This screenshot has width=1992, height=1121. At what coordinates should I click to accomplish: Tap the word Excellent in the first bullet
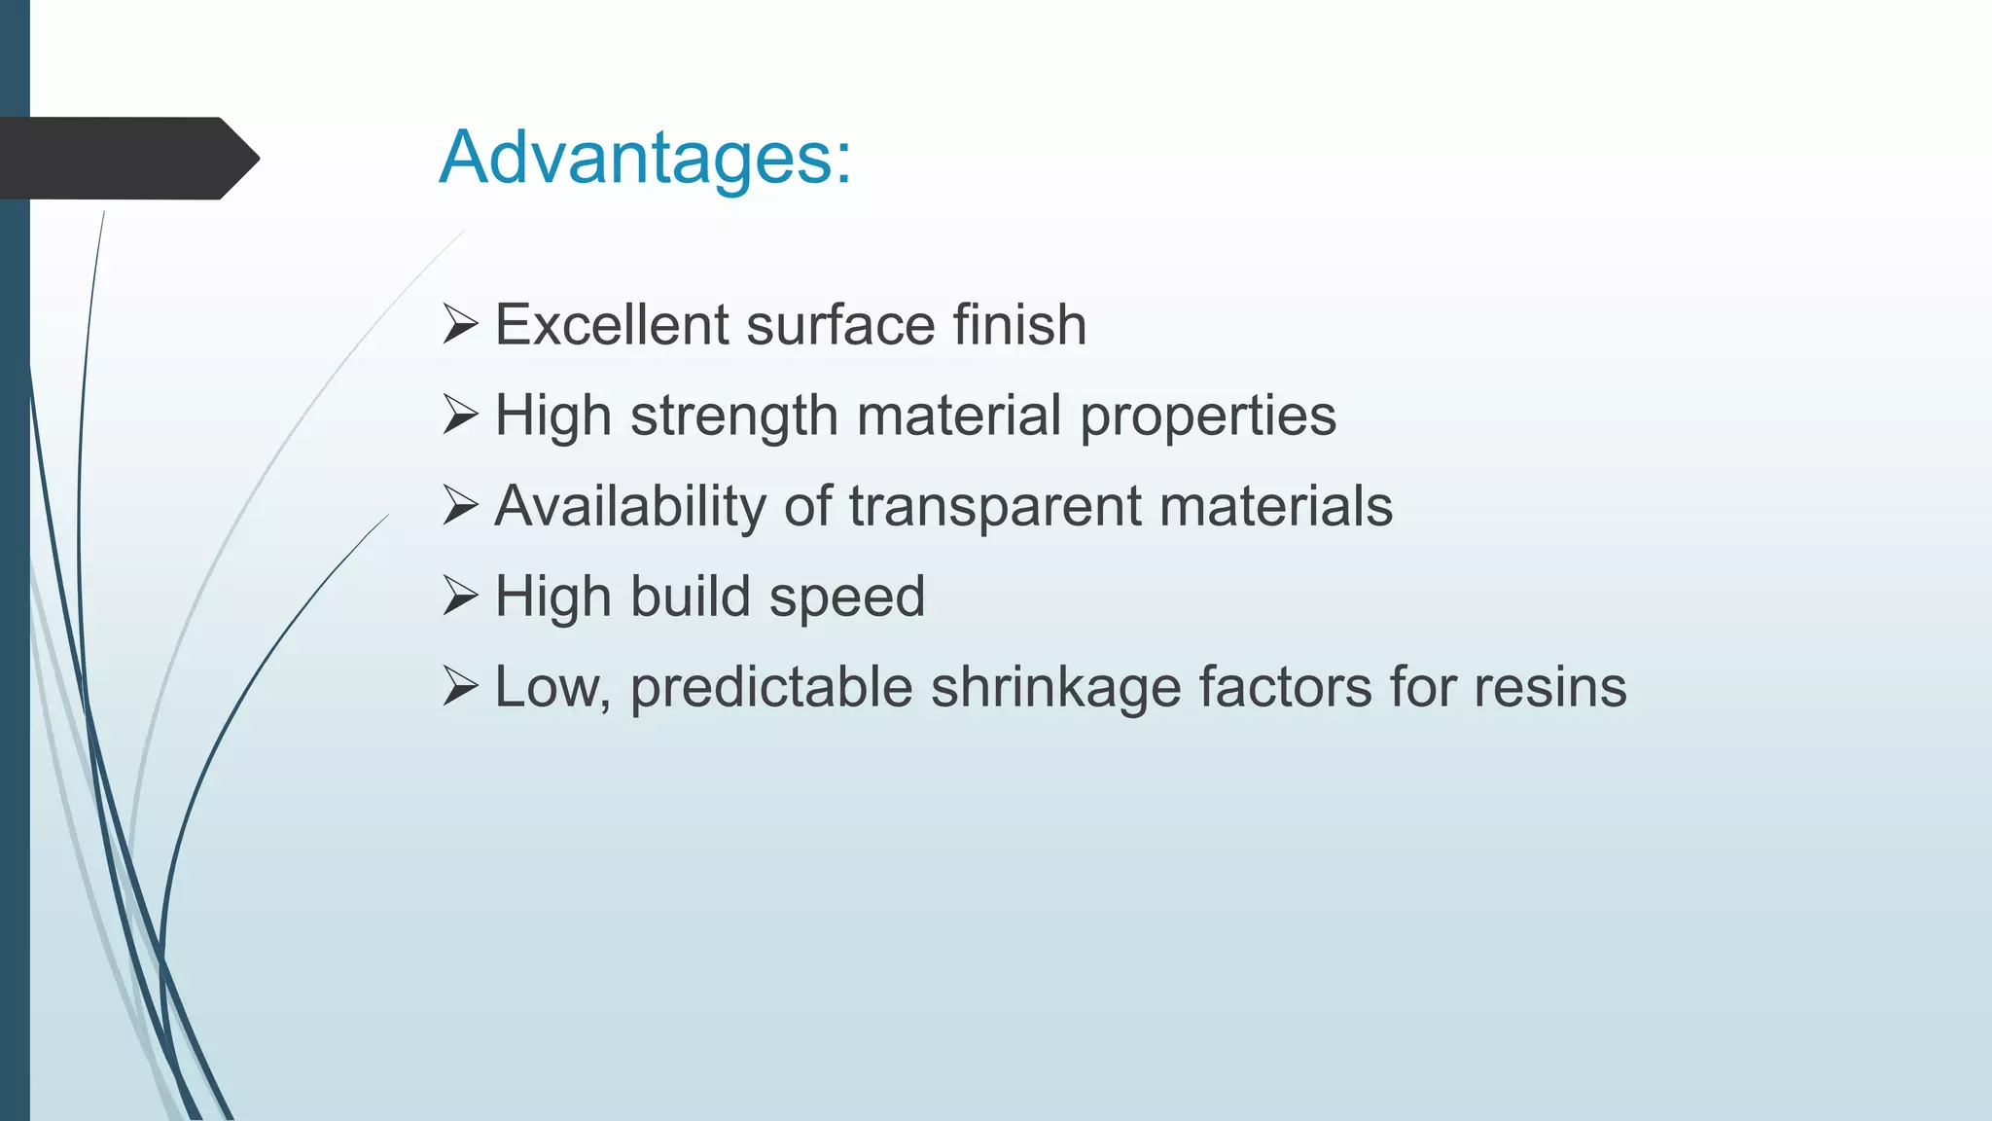tap(611, 324)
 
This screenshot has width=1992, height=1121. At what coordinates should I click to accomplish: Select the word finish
tap(1018, 324)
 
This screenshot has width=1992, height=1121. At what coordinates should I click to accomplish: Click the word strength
tap(733, 416)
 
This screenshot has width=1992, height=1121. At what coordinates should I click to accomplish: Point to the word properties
tap(1208, 416)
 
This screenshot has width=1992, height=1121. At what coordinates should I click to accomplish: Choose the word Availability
tap(630, 507)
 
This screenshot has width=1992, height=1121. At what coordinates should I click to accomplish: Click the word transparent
tap(995, 507)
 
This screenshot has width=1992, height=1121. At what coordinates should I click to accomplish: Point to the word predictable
tap(770, 688)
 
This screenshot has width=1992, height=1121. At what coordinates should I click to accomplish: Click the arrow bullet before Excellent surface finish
tap(460, 324)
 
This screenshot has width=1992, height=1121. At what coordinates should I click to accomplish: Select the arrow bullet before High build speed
tap(460, 596)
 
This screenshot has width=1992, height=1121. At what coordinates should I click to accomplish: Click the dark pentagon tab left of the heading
tap(126, 159)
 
